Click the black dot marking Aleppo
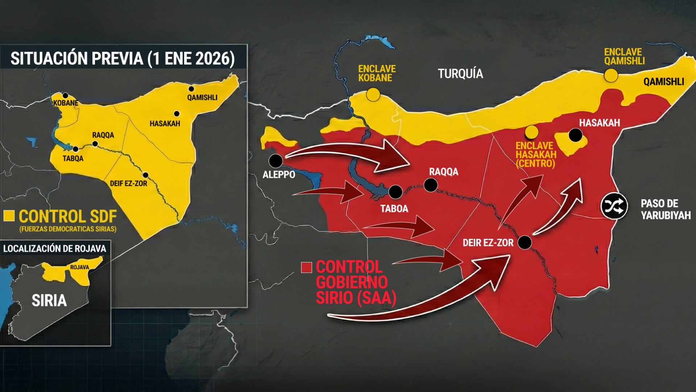pyautogui.click(x=275, y=160)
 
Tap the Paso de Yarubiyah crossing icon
pyautogui.click(x=614, y=206)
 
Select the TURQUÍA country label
pyautogui.click(x=460, y=74)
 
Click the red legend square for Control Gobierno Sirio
pyautogui.click(x=306, y=268)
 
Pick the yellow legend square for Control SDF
pyautogui.click(x=9, y=216)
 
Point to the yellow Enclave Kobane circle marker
pyautogui.click(x=373, y=94)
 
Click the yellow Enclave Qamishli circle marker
pyautogui.click(x=611, y=75)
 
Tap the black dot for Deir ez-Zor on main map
pyautogui.click(x=525, y=242)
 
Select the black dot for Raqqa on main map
pyautogui.click(x=431, y=185)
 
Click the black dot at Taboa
pyautogui.click(x=395, y=192)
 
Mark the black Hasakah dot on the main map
pyautogui.click(x=575, y=135)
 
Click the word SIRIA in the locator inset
pyautogui.click(x=49, y=301)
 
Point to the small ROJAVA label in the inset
pyautogui.click(x=79, y=267)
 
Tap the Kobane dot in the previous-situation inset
pyautogui.click(x=65, y=96)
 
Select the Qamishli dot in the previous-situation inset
pyautogui.click(x=191, y=89)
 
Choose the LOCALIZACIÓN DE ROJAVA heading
pyautogui.click(x=55, y=249)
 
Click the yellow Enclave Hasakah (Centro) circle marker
pyautogui.click(x=531, y=132)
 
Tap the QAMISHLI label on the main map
pyautogui.click(x=663, y=82)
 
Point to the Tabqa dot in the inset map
pyautogui.click(x=75, y=149)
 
